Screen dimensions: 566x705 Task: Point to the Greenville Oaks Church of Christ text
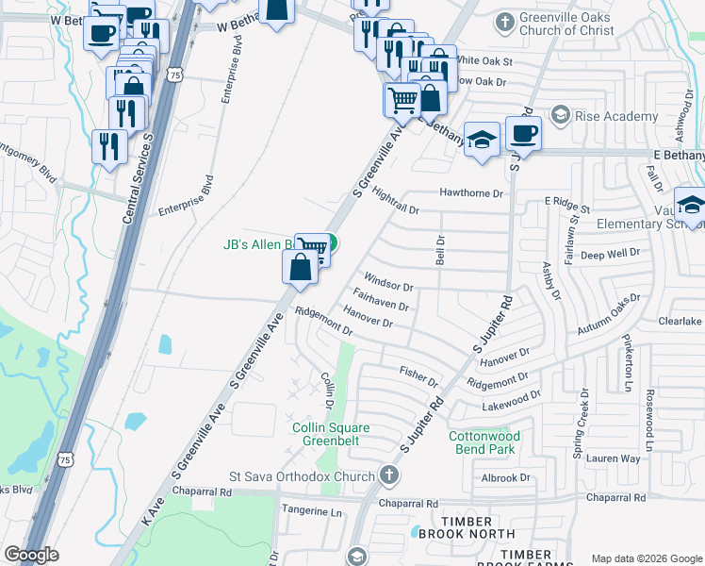click(x=567, y=24)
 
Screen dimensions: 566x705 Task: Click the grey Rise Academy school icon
click(x=561, y=116)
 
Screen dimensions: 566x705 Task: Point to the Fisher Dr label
click(x=419, y=376)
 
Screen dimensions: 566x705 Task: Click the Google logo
click(x=31, y=555)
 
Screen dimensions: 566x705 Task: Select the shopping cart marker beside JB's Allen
click(x=313, y=249)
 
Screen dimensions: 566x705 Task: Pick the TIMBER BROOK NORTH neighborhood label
click(x=467, y=528)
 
